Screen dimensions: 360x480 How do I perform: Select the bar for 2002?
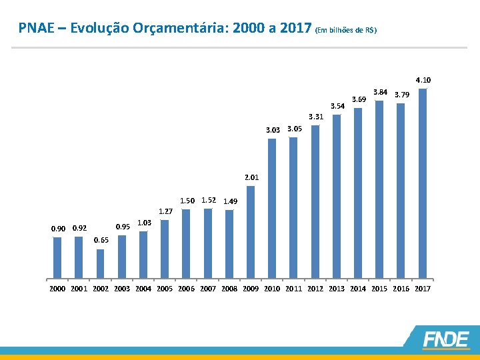click(100, 263)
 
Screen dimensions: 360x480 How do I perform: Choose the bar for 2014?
click(358, 193)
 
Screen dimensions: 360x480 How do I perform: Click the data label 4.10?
click(423, 80)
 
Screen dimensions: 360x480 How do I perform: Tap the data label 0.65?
click(101, 240)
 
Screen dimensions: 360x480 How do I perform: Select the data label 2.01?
click(251, 178)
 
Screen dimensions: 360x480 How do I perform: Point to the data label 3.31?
click(315, 117)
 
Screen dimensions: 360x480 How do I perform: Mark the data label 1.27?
click(165, 211)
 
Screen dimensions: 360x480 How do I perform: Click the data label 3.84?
click(381, 91)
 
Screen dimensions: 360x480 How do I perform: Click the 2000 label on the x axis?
click(58, 289)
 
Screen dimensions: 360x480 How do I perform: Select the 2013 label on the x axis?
click(337, 289)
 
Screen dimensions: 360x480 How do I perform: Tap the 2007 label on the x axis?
click(208, 289)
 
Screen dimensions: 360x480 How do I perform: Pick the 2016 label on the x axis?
click(401, 289)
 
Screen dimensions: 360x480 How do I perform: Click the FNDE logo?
click(445, 339)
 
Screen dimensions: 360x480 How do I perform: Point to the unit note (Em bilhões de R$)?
click(347, 30)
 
